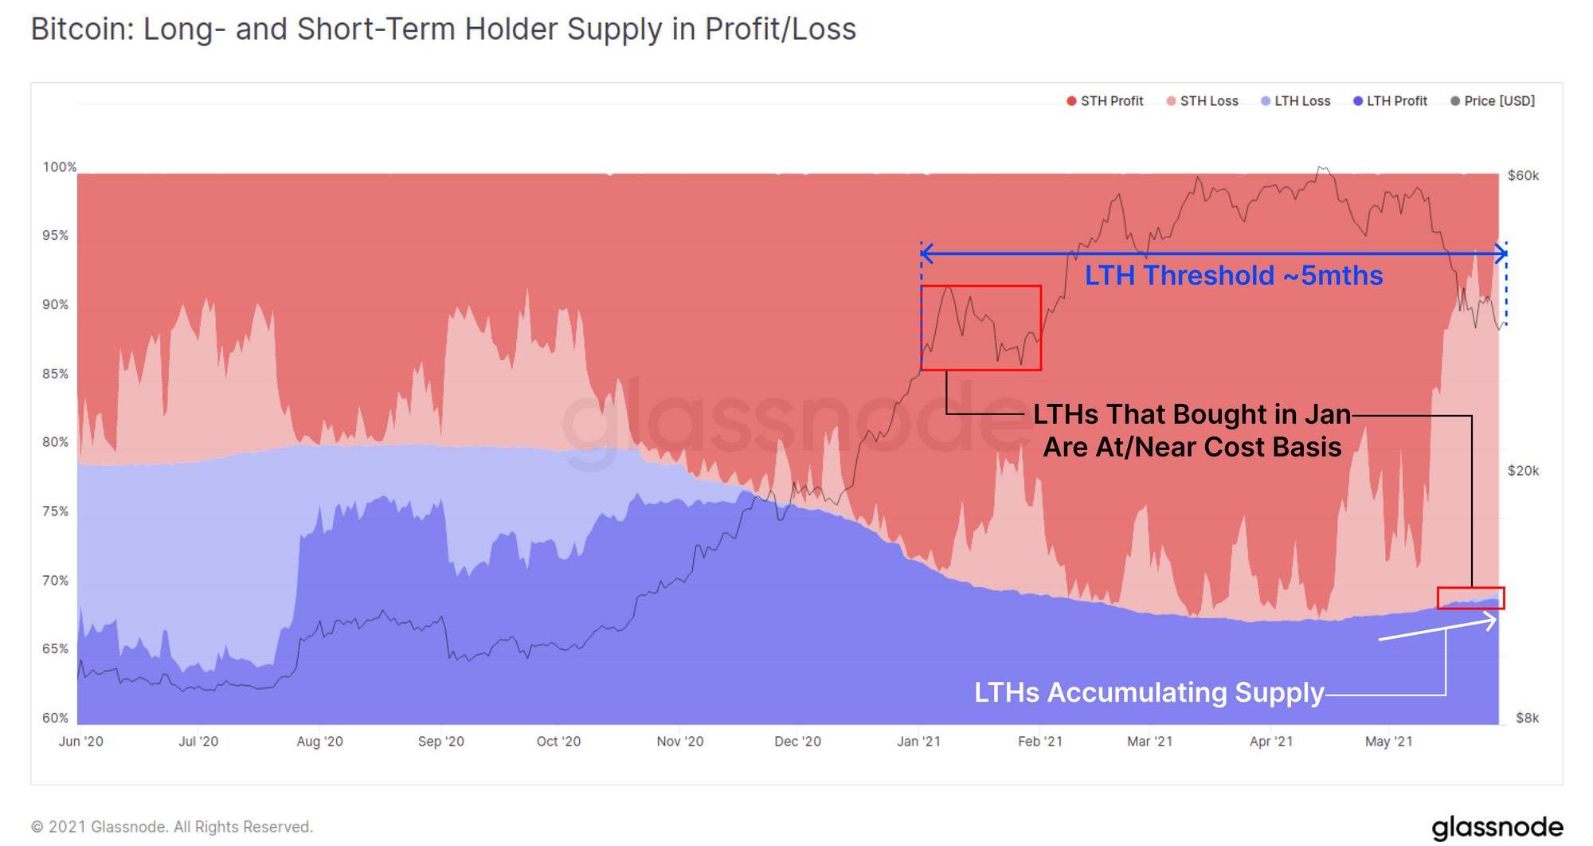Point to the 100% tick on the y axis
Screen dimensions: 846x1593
59,167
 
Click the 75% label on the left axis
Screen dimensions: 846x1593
55,511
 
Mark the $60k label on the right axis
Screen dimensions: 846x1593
1523,176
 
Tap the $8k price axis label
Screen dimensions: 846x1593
1527,718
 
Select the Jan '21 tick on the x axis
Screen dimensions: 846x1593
918,742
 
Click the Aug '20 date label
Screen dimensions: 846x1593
319,742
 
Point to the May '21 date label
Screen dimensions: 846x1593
1388,742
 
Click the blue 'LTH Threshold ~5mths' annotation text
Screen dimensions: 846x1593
1233,276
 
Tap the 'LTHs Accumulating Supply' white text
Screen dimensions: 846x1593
1149,692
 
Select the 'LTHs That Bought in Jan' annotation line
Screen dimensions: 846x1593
1192,414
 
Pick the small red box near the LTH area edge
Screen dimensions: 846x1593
1470,598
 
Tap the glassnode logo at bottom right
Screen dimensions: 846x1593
1497,827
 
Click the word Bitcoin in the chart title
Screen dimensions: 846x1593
81,29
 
